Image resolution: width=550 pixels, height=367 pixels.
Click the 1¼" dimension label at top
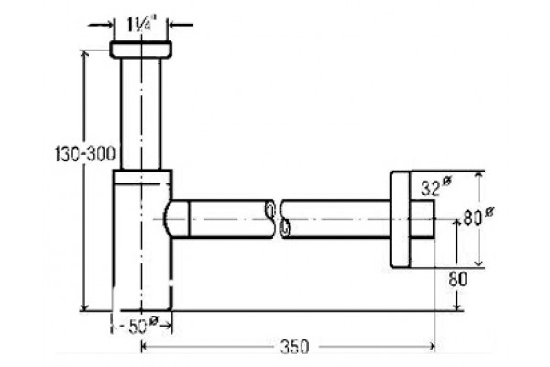coord(140,25)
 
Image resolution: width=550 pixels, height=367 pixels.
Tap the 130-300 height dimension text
coord(85,153)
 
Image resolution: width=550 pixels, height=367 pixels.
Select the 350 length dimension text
coord(294,347)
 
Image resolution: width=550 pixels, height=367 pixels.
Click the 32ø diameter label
coord(435,187)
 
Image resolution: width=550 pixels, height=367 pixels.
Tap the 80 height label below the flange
coord(458,280)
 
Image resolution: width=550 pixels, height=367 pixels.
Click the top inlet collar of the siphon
coord(140,50)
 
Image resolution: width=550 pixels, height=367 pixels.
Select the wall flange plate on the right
coord(401,219)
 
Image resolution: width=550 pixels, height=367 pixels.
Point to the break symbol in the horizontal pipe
coord(278,219)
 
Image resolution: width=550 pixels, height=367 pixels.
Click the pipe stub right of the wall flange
coord(423,219)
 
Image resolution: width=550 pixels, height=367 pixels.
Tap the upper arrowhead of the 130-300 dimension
coord(83,55)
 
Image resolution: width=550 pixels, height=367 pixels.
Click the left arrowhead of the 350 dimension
coord(145,347)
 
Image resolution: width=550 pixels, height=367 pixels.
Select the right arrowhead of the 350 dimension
coord(431,347)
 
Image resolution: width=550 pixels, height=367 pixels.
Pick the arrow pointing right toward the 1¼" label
coord(101,25)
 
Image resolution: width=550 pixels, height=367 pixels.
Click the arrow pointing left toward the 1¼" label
coord(181,25)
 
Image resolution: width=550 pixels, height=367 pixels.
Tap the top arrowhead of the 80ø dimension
coord(478,176)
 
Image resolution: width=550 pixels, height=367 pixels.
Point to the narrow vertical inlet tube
coord(140,114)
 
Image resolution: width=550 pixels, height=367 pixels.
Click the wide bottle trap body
coord(142,240)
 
